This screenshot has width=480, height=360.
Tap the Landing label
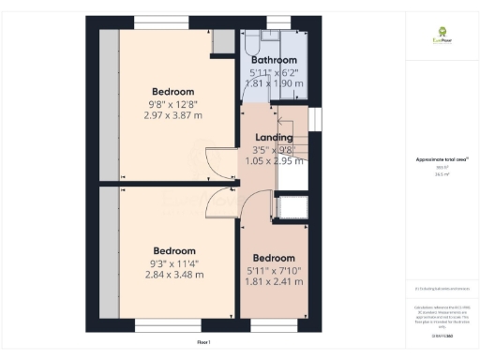273,137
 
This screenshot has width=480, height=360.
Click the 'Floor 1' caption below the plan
203,342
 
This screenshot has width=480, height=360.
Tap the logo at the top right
437,39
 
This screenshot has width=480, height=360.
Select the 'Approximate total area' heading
437,160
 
